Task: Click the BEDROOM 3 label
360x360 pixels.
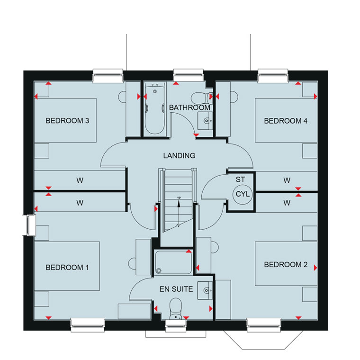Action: pyautogui.click(x=67, y=121)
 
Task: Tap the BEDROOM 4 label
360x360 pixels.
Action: pyautogui.click(x=286, y=121)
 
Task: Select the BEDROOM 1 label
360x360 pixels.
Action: pyautogui.click(x=67, y=268)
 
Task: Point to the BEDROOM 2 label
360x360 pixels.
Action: pyautogui.click(x=286, y=265)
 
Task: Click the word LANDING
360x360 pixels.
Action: pyautogui.click(x=179, y=156)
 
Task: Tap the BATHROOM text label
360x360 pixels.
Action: pyautogui.click(x=189, y=108)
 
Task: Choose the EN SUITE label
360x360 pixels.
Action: pyautogui.click(x=176, y=289)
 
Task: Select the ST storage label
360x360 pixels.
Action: pyautogui.click(x=240, y=180)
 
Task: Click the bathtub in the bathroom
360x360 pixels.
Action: pyautogui.click(x=155, y=108)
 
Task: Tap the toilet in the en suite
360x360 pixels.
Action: pyautogui.click(x=176, y=309)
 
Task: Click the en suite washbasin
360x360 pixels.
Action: pyautogui.click(x=205, y=290)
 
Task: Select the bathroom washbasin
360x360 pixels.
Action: pyautogui.click(x=205, y=121)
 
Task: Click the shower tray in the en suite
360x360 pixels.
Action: pyautogui.click(x=173, y=262)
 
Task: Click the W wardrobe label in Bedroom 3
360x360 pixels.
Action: pyautogui.click(x=80, y=180)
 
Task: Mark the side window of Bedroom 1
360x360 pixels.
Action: pyautogui.click(x=29, y=225)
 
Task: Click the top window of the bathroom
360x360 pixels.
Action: pyautogui.click(x=188, y=75)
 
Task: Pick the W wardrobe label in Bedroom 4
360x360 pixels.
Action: pyautogui.click(x=287, y=180)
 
